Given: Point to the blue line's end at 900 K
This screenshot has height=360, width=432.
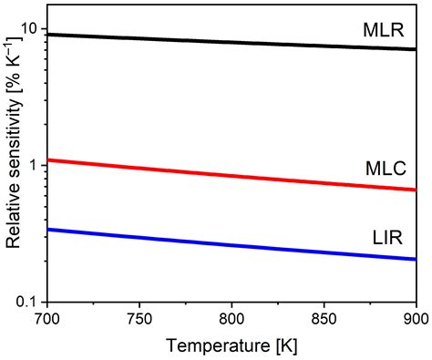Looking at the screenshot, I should pos(416,259).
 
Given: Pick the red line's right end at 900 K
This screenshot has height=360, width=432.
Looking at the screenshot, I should pos(416,190).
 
